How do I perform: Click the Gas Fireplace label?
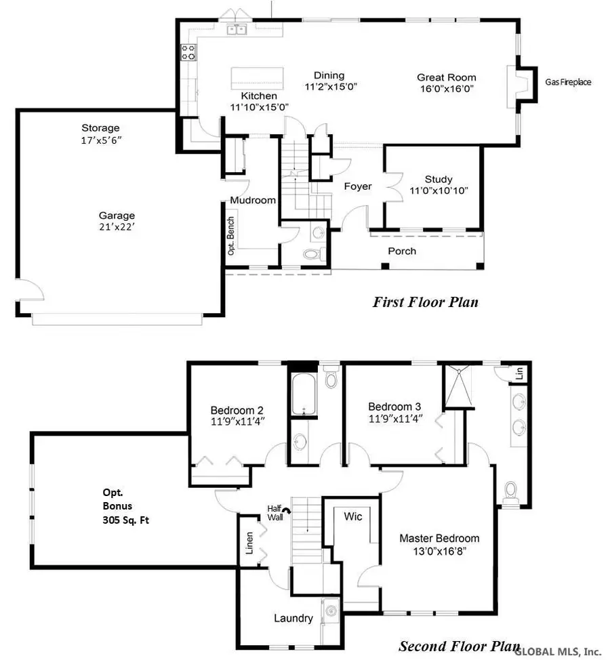pos(568,82)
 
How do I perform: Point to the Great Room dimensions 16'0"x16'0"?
pos(446,88)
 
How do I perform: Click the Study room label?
pos(439,179)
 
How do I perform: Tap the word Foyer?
pos(357,186)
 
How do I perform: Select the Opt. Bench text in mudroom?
pos(232,238)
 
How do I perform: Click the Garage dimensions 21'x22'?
pos(118,228)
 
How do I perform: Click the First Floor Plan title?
pos(425,302)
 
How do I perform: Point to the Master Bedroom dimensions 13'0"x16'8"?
pos(439,550)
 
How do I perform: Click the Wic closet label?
pos(353,517)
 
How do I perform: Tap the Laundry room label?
pos(293,618)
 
